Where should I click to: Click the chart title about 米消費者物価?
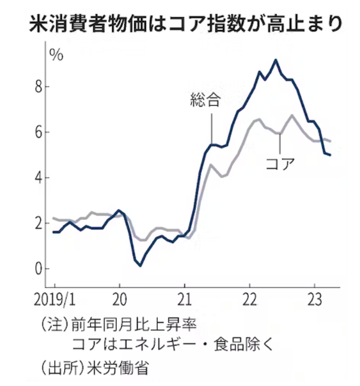[x=180, y=24]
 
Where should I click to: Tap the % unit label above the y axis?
[x=56, y=55]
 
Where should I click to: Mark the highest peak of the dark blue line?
[x=276, y=60]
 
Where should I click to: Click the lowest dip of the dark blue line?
[x=141, y=265]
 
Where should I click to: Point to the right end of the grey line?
[x=331, y=141]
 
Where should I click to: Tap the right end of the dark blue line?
[x=331, y=155]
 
